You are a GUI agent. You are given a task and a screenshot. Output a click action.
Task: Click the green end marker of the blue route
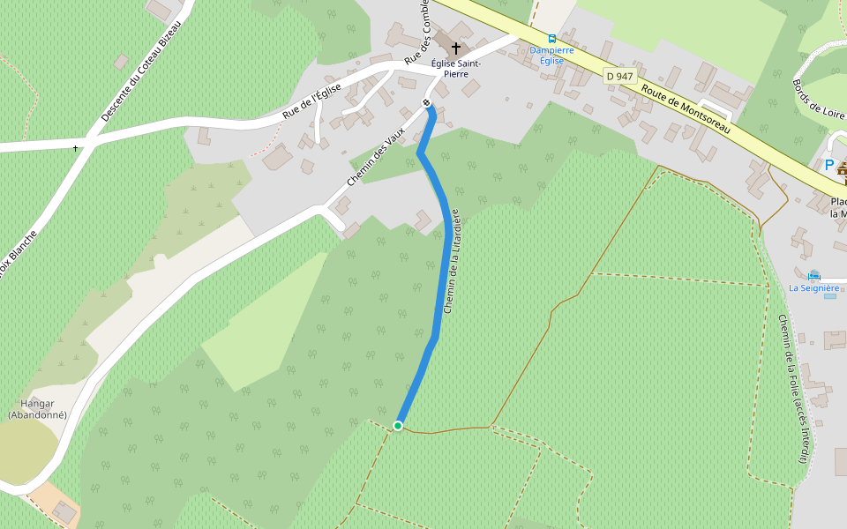(x=398, y=426)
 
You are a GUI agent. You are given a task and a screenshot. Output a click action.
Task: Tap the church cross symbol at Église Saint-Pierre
(x=456, y=48)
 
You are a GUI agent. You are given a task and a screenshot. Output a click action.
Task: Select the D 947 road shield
(x=620, y=77)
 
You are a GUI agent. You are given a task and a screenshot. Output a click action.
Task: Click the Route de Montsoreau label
(x=686, y=109)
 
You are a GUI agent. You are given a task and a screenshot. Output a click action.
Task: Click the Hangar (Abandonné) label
(x=37, y=408)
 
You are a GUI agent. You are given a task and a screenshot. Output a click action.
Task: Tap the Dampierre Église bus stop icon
(x=552, y=39)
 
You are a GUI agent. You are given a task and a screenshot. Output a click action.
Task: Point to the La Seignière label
(x=813, y=287)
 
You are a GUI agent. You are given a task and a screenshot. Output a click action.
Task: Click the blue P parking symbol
(x=828, y=165)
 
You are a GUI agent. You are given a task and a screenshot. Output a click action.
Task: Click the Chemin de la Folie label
(x=791, y=388)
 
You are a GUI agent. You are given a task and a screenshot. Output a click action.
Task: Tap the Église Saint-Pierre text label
(x=455, y=69)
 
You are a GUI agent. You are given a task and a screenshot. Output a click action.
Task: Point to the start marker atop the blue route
(x=427, y=104)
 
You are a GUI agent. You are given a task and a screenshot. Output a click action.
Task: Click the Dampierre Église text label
(x=551, y=56)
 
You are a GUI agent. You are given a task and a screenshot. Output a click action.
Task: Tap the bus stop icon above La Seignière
(x=813, y=275)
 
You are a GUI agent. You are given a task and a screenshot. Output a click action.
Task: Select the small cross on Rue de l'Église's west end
(x=76, y=147)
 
